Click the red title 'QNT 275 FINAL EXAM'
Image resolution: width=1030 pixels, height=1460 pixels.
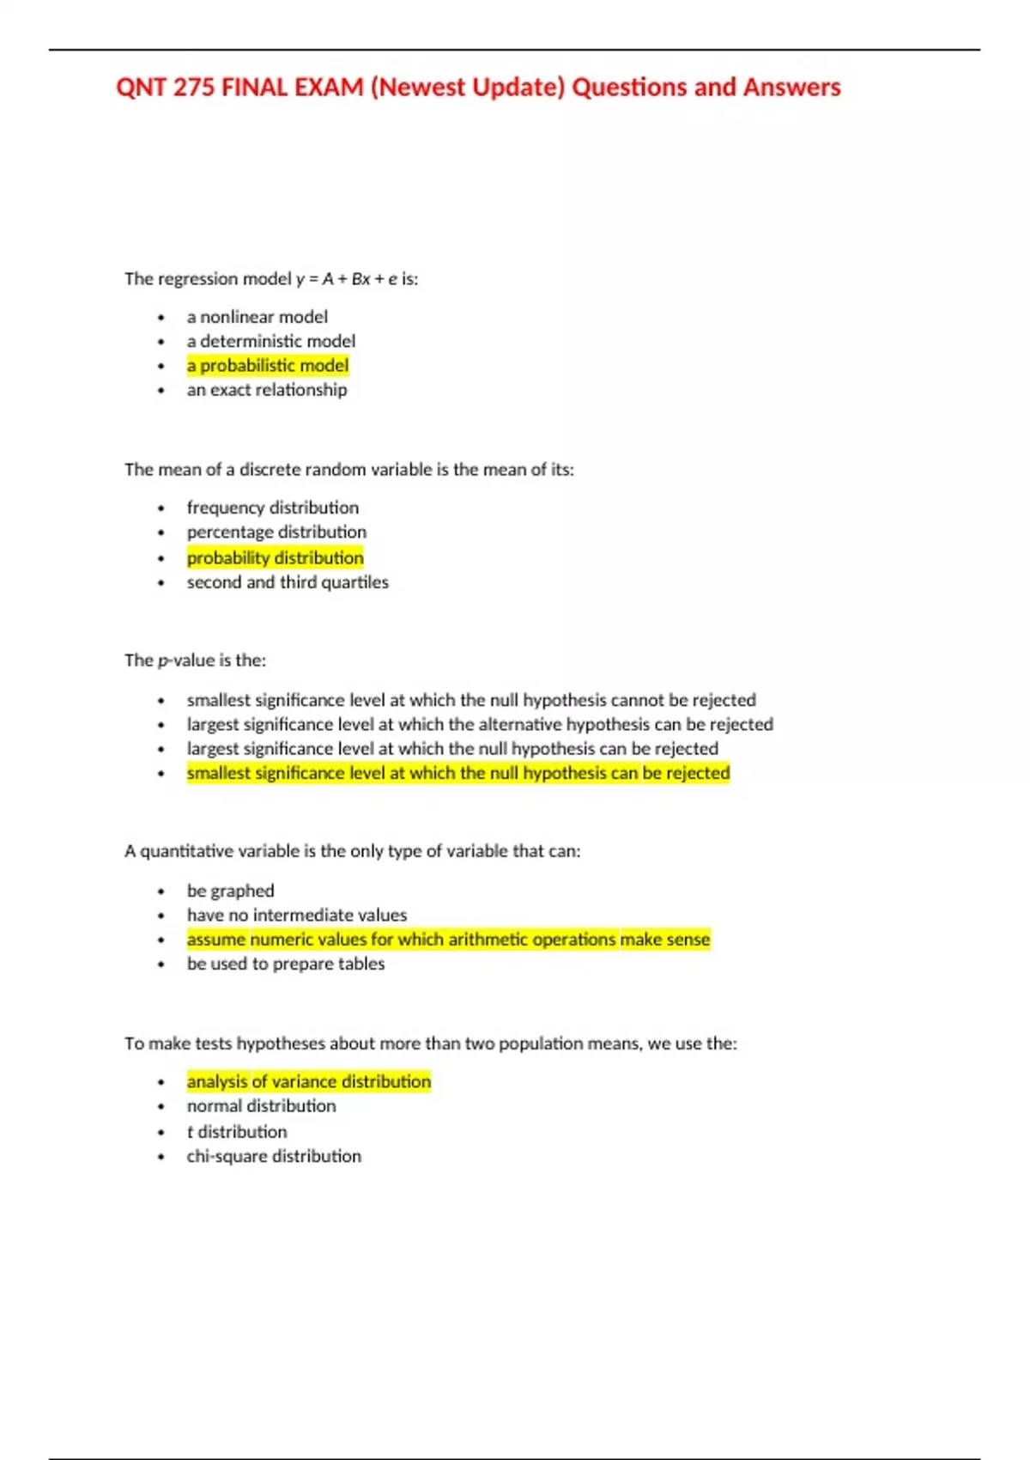tap(478, 88)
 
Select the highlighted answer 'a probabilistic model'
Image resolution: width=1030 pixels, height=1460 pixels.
tap(268, 366)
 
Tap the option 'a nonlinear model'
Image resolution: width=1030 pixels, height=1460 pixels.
tap(257, 317)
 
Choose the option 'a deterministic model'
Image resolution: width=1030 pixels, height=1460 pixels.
tap(271, 341)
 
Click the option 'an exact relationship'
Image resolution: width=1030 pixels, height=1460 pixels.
tap(267, 390)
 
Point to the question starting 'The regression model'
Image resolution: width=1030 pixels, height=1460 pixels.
tap(271, 279)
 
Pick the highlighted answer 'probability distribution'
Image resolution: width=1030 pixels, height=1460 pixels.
tap(276, 558)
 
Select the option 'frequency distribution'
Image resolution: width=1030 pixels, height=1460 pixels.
tap(273, 508)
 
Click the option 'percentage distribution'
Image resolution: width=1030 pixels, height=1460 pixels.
tap(276, 532)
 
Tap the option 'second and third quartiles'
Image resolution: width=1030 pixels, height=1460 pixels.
tap(288, 582)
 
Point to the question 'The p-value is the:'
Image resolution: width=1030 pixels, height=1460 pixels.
tap(196, 660)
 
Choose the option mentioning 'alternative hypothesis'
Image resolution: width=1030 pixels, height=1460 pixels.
tap(480, 725)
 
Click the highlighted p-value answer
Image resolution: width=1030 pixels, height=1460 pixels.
tap(458, 773)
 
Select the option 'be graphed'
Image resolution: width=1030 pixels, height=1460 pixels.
tap(231, 891)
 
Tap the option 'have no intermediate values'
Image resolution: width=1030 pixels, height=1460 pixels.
tap(297, 916)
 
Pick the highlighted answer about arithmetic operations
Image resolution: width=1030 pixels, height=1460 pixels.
tap(448, 940)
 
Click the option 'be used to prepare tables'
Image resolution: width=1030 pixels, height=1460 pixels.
tap(286, 964)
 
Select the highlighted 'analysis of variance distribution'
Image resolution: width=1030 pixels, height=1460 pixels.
tap(309, 1081)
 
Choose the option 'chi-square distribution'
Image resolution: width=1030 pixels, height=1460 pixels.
tap(274, 1156)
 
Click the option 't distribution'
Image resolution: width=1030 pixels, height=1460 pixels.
tap(237, 1132)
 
